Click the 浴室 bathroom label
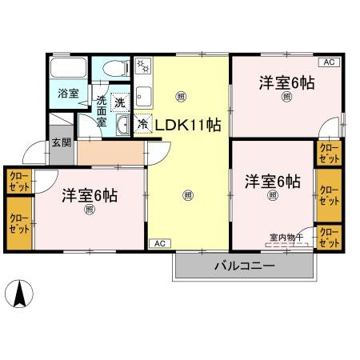click(x=67, y=93)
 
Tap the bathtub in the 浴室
click(x=68, y=69)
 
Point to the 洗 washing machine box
click(x=118, y=102)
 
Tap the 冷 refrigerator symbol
click(x=142, y=125)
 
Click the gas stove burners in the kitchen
click(x=142, y=66)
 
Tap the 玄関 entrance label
click(x=62, y=143)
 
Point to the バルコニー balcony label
click(x=244, y=266)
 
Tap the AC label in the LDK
click(x=158, y=242)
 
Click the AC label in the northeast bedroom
click(x=328, y=62)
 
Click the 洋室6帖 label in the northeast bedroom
click(x=285, y=82)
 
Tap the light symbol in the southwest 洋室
click(x=90, y=210)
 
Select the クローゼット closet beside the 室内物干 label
click(x=328, y=237)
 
